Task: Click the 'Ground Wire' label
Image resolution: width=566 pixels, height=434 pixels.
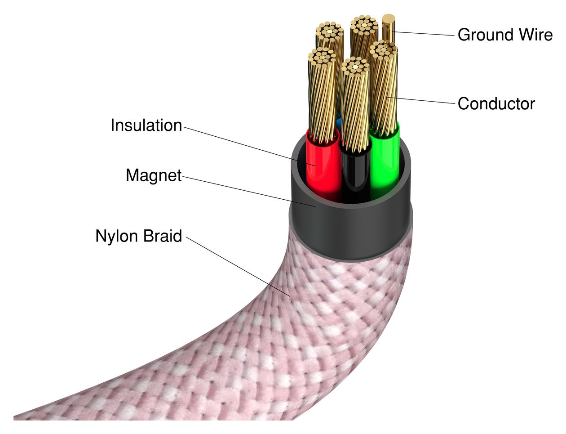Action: coord(504,35)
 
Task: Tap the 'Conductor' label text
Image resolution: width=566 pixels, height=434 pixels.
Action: coord(496,104)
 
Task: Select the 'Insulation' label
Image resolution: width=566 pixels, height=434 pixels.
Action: coord(146,125)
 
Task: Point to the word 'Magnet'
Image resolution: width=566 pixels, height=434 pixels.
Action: coord(153,175)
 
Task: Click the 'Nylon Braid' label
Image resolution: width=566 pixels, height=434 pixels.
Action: coord(138,236)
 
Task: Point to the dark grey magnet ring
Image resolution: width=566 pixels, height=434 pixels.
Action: coord(350,229)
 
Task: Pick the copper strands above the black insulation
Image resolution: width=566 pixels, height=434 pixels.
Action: coord(355,108)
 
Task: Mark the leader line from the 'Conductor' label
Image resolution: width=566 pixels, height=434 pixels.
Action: coord(422,101)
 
